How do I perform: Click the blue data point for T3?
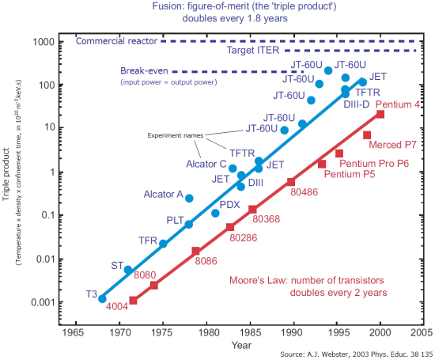pos(102,298)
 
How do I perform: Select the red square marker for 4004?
pos(133,301)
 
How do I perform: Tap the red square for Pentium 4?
pos(380,115)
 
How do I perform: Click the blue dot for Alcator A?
pos(189,199)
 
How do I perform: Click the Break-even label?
pos(145,71)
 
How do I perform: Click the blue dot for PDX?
pos(215,214)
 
